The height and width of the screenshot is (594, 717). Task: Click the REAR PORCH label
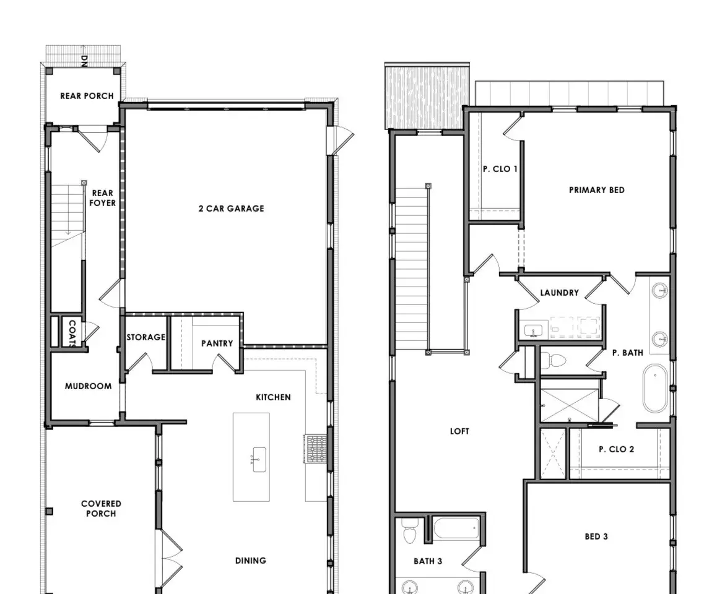click(x=87, y=96)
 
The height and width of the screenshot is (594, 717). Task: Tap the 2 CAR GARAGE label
click(x=232, y=209)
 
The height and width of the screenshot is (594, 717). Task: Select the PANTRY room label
click(x=217, y=343)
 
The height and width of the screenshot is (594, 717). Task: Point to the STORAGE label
click(x=146, y=337)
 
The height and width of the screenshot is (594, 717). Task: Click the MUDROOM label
click(x=89, y=386)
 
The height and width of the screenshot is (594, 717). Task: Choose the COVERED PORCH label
click(x=101, y=509)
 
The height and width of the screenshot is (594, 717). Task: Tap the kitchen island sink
click(x=259, y=459)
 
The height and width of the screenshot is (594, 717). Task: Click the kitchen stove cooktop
click(x=316, y=449)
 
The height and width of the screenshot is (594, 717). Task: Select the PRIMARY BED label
click(x=597, y=190)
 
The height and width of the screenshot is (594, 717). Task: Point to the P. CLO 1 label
click(x=500, y=169)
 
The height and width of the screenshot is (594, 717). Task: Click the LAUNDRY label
click(x=560, y=293)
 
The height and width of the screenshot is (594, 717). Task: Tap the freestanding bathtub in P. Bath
click(x=655, y=389)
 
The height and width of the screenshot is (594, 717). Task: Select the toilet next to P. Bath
click(x=554, y=361)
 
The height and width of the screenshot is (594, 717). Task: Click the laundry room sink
click(x=533, y=330)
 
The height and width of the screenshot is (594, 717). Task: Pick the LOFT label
click(x=459, y=431)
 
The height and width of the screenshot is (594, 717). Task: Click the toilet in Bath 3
click(x=410, y=531)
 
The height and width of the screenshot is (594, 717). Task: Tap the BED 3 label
click(x=596, y=536)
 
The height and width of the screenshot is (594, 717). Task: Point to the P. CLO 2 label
click(x=617, y=449)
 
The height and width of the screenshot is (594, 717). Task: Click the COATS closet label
click(x=72, y=333)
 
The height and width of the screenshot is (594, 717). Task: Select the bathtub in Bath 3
click(x=456, y=528)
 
